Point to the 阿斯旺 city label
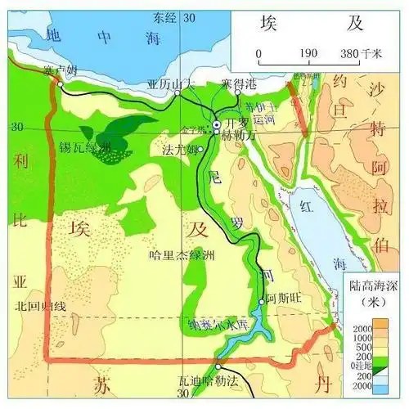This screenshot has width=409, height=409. (283, 299)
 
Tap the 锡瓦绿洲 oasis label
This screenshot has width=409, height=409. (84, 147)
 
